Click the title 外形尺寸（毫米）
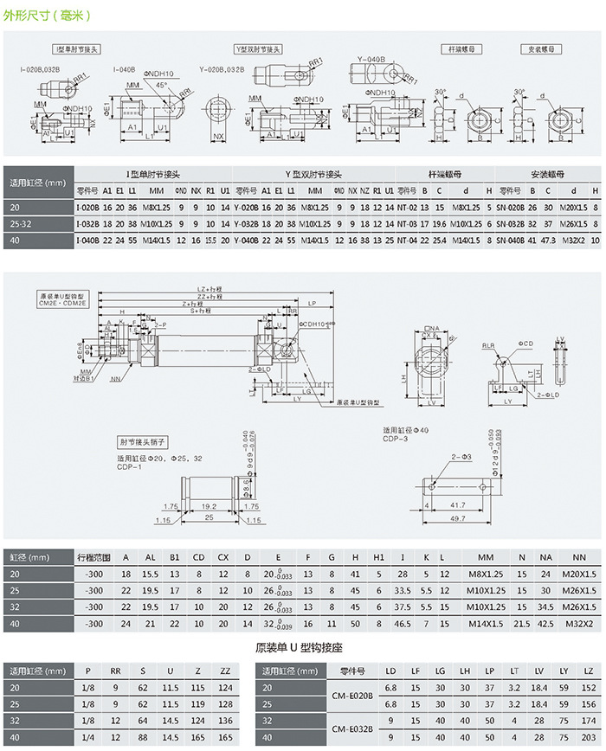pyautogui.click(x=47, y=16)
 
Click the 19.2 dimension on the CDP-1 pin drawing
pyautogui.click(x=208, y=504)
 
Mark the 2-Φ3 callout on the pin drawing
pyautogui.click(x=461, y=456)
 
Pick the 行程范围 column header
pyautogui.click(x=94, y=558)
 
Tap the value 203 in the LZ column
pyautogui.click(x=590, y=738)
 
